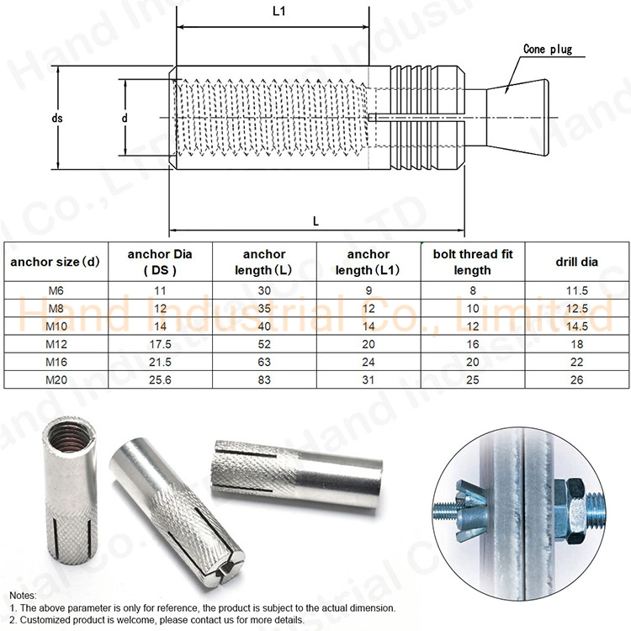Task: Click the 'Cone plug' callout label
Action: (x=547, y=49)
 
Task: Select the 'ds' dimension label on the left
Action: (x=57, y=119)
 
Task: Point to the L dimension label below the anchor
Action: (x=315, y=221)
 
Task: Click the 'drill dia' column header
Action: (x=577, y=262)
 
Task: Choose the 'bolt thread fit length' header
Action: (x=472, y=262)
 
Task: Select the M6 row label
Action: (x=56, y=289)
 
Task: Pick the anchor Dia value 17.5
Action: (x=156, y=343)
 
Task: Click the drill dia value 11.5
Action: (x=577, y=289)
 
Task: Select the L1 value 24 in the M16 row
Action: (x=369, y=361)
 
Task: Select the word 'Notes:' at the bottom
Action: (x=23, y=595)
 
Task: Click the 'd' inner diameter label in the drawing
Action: (x=124, y=119)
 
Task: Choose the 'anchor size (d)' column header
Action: (x=56, y=262)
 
